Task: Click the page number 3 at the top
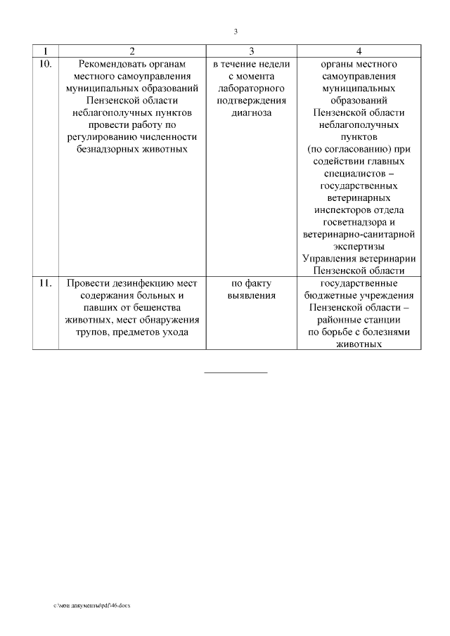click(236, 31)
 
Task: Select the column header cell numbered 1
click(46, 51)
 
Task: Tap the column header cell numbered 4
click(359, 51)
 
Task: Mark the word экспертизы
click(359, 247)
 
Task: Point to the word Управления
click(328, 259)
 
